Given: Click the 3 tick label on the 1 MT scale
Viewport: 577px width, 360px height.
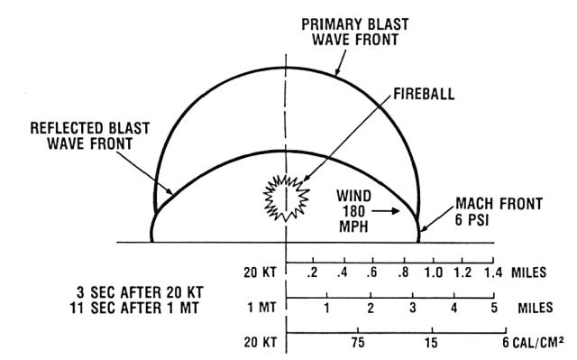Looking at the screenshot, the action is (x=412, y=309).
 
